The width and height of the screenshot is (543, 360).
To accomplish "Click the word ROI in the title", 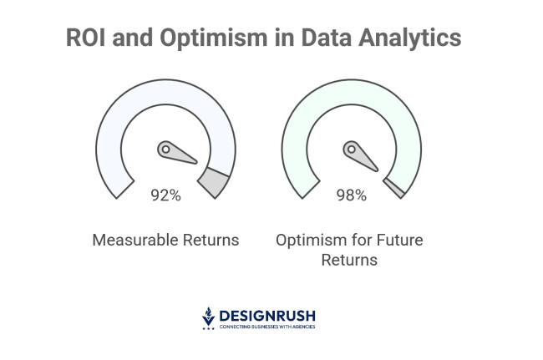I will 87,38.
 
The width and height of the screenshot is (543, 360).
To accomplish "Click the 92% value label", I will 165,195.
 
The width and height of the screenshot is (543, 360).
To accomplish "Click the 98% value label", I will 351,195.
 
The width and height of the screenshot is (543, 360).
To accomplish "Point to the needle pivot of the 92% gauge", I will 165,150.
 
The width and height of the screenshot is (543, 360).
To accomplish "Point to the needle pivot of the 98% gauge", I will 351,150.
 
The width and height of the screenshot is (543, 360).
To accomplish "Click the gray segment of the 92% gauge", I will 216,181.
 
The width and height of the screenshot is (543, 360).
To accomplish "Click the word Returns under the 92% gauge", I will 210,241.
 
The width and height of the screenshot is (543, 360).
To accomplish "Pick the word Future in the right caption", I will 398,241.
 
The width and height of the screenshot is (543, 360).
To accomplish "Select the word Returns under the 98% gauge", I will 349,260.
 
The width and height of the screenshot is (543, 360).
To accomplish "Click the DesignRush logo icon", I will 209,317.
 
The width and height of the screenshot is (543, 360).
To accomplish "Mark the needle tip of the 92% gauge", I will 196,161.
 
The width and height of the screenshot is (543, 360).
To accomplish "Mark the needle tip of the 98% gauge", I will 382,161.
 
